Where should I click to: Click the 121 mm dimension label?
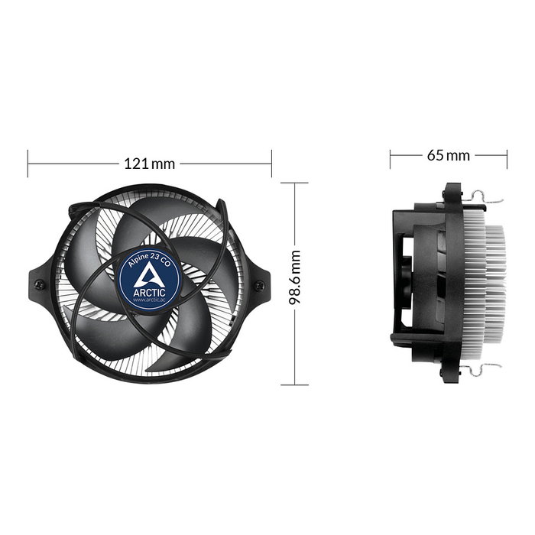click(x=150, y=164)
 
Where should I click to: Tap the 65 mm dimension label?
click(x=448, y=156)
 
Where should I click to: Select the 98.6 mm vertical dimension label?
click(x=295, y=279)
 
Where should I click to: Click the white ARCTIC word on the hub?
click(x=149, y=290)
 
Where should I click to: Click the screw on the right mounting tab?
click(x=259, y=285)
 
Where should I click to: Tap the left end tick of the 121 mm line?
click(x=28, y=164)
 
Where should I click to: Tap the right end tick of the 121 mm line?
click(x=271, y=164)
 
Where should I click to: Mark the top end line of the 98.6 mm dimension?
click(x=294, y=183)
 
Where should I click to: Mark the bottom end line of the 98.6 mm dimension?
click(x=294, y=384)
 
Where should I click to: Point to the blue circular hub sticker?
click(x=149, y=278)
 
